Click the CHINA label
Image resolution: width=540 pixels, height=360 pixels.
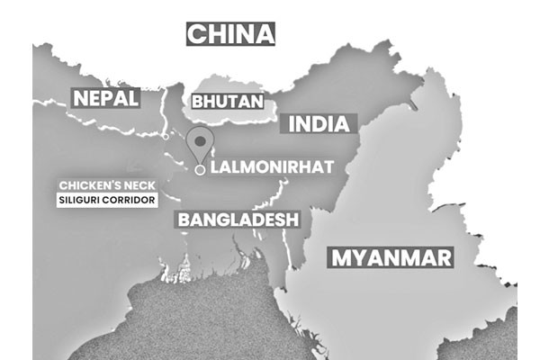click(229, 34)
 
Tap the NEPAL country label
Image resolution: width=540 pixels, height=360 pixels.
click(105, 97)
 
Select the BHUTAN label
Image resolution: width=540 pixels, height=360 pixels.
click(226, 102)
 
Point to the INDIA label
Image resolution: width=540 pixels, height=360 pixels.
click(318, 123)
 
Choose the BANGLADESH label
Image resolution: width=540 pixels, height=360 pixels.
click(238, 219)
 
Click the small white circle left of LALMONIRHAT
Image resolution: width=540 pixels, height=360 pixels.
click(200, 168)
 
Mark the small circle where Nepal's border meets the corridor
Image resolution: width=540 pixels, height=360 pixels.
click(166, 137)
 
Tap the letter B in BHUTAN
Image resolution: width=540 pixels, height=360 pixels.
click(198, 102)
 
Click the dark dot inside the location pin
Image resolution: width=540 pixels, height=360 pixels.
click(201, 141)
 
